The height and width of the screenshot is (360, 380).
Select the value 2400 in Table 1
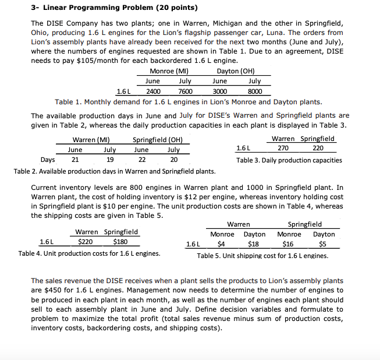pyautogui.click(x=153, y=91)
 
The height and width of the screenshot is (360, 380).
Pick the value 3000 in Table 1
pyautogui.click(x=220, y=91)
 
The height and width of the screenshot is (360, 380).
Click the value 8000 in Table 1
pyautogui.click(x=254, y=91)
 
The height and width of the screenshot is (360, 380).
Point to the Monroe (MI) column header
pyautogui.click(x=168, y=71)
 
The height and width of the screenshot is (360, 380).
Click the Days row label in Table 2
pyautogui.click(x=48, y=160)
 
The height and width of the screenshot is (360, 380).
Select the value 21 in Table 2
pyautogui.click(x=75, y=160)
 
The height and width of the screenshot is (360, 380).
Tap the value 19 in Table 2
pyautogui.click(x=109, y=160)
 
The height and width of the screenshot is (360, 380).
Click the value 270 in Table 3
pyautogui.click(x=282, y=149)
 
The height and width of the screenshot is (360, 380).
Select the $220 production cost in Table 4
pyautogui.click(x=86, y=242)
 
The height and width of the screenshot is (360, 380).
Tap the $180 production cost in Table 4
pyautogui.click(x=121, y=242)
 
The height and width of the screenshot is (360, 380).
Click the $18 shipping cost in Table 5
pyautogui.click(x=254, y=244)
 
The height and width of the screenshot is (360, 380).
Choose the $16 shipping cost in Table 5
pyautogui.click(x=288, y=244)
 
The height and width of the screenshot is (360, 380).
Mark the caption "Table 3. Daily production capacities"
pyautogui.click(x=289, y=160)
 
